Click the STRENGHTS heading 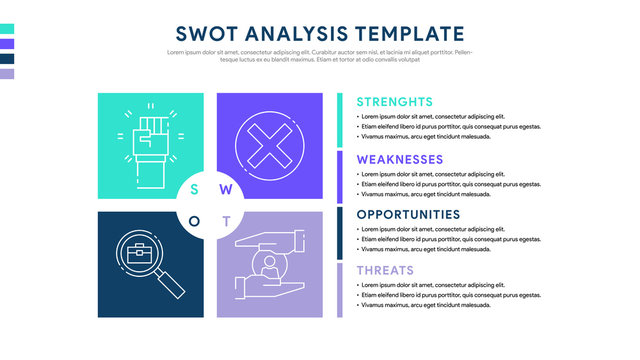395,102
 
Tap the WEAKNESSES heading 400,159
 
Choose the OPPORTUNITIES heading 408,214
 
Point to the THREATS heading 385,270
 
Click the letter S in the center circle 194,189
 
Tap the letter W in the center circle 225,189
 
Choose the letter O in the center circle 194,221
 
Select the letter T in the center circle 226,221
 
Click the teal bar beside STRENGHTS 340,120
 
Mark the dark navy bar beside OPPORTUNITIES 340,232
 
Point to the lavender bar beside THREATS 340,290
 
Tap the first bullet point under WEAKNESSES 360,174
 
